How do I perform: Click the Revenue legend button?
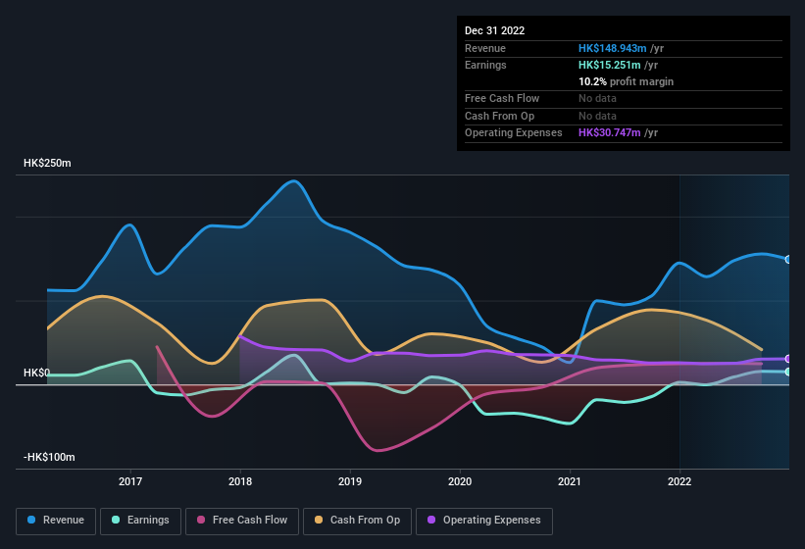[57, 521]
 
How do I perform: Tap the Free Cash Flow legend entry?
[243, 521]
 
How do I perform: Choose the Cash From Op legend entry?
[358, 521]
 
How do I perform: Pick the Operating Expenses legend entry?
[484, 521]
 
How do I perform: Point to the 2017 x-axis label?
[130, 481]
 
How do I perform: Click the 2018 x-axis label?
[240, 481]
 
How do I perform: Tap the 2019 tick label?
[350, 481]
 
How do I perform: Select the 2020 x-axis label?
[460, 481]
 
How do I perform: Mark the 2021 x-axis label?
[570, 481]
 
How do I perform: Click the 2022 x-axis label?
[679, 481]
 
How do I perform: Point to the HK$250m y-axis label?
[47, 163]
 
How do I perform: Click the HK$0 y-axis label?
[36, 374]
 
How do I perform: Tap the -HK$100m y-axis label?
[49, 458]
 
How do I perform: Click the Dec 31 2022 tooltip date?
[495, 30]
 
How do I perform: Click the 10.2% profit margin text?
[626, 81]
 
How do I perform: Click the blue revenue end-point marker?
[787, 259]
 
